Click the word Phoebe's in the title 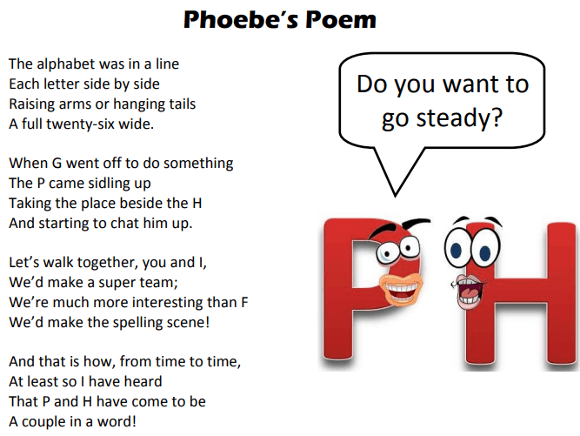(x=241, y=19)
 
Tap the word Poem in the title (x=341, y=19)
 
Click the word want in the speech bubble (x=471, y=84)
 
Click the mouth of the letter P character (x=402, y=288)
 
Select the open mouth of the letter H (x=468, y=291)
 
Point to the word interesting (x=147, y=302)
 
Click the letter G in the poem (x=57, y=164)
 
